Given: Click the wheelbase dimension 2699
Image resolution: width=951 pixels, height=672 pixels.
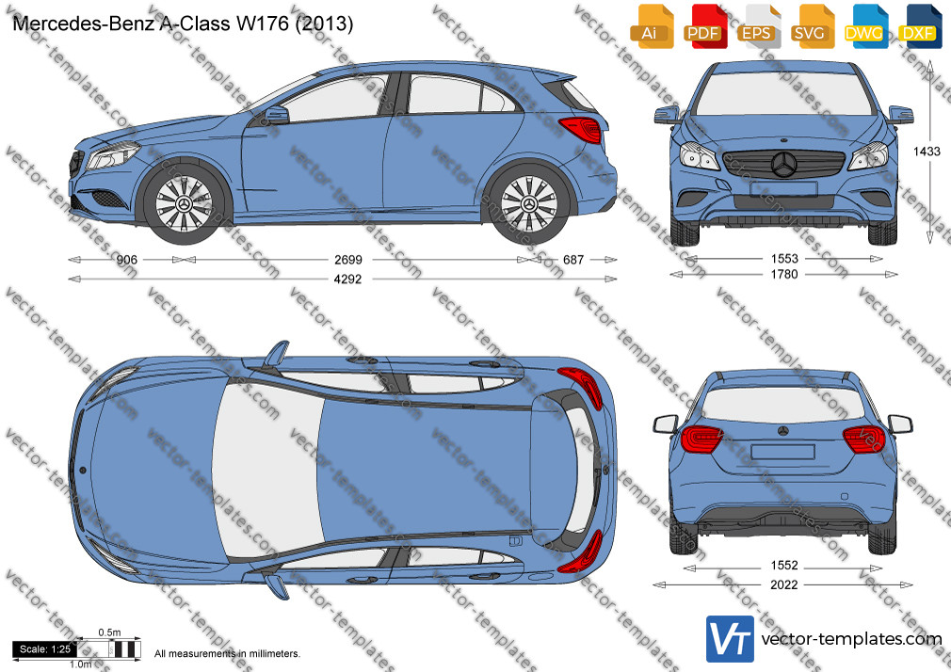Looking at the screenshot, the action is click(348, 260).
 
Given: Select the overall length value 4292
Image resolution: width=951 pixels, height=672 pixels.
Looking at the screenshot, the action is click(347, 279).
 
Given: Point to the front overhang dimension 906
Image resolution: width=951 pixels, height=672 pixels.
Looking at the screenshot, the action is click(126, 260).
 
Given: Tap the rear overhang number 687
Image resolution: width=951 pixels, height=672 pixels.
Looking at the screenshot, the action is click(573, 260).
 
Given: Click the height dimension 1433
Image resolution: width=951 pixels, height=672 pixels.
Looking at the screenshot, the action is click(927, 151).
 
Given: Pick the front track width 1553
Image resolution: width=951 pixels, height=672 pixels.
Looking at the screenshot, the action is click(784, 259).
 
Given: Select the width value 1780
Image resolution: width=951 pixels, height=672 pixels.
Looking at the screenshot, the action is click(784, 274).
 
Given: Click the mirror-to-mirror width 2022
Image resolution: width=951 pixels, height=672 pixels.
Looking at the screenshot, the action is click(784, 584).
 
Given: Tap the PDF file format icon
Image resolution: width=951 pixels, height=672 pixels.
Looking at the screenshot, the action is click(704, 26).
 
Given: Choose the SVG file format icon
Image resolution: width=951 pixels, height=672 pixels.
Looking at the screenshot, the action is click(811, 26).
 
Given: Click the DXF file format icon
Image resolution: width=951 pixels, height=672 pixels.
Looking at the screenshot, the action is click(919, 26).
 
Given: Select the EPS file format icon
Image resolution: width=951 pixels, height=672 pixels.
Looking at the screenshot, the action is click(757, 26).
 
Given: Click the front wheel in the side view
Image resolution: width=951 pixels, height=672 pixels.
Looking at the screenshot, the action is click(184, 203).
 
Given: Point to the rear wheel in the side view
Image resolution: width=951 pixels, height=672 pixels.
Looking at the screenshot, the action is click(529, 203).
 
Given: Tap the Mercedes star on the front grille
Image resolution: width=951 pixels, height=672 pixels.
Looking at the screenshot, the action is click(783, 164).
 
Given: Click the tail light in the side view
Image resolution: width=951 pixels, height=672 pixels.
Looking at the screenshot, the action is click(581, 129).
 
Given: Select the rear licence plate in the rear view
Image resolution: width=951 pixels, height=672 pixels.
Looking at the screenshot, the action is click(782, 452).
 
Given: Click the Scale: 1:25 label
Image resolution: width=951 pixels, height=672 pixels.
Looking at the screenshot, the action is click(45, 649).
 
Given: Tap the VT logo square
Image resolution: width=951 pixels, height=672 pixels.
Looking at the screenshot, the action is click(731, 639).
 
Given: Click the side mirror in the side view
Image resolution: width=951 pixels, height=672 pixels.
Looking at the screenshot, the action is click(277, 115).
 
